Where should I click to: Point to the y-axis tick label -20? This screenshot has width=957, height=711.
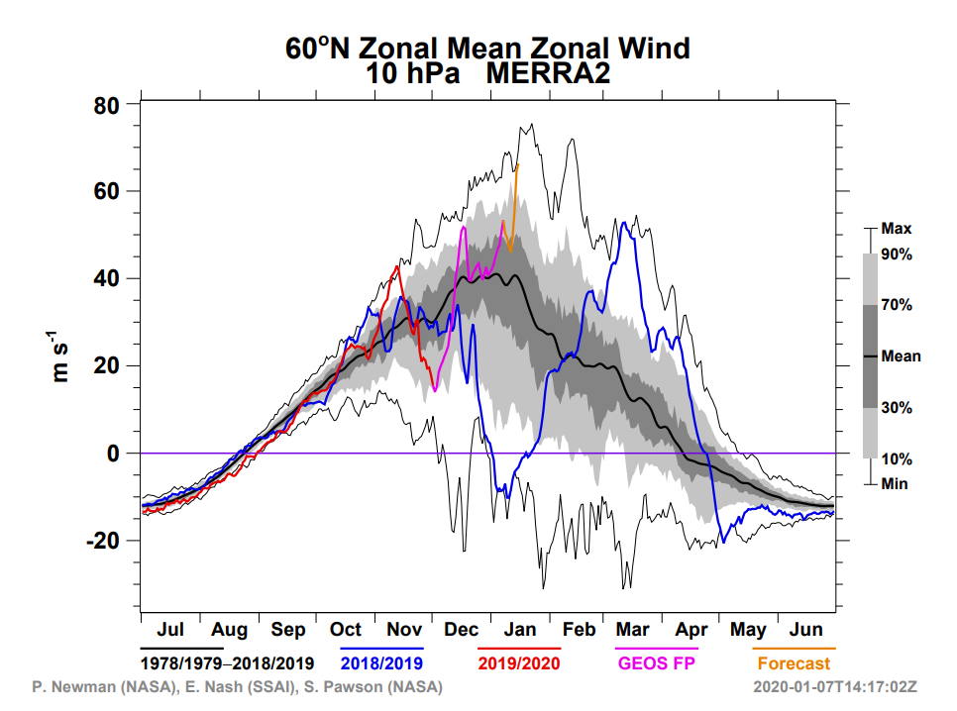click(102, 541)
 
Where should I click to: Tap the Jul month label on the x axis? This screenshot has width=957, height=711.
click(170, 630)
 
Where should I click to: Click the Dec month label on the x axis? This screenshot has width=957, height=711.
click(462, 630)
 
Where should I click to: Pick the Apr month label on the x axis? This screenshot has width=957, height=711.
click(692, 630)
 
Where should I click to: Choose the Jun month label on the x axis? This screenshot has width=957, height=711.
click(808, 630)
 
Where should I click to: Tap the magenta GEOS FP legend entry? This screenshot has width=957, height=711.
click(657, 662)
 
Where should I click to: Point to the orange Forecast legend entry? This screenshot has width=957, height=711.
click(795, 662)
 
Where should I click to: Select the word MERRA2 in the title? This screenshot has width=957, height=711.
click(547, 73)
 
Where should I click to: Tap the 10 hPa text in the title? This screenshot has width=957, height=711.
click(411, 73)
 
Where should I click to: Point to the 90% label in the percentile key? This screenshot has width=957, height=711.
click(897, 254)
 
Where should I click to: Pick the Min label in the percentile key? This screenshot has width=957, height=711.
click(895, 484)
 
